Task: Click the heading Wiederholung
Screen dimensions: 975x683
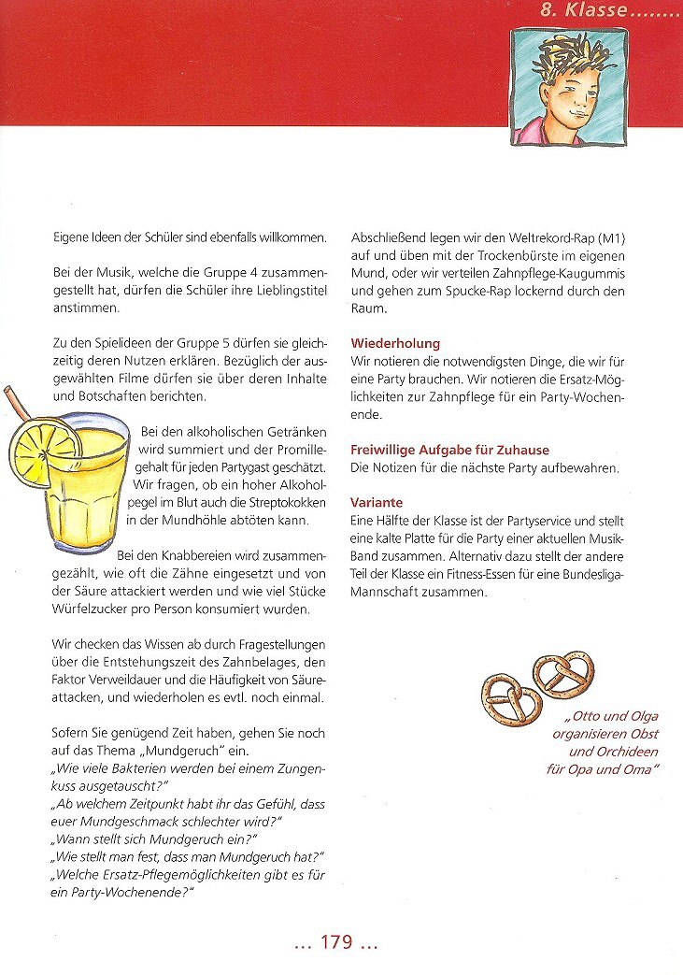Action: tap(395, 343)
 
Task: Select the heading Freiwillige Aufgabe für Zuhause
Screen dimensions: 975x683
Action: tap(449, 450)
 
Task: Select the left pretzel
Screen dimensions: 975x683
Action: tap(511, 692)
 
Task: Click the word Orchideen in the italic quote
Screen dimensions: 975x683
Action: tap(627, 751)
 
